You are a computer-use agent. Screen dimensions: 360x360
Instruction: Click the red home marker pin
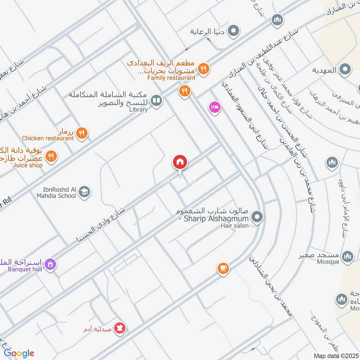(180, 162)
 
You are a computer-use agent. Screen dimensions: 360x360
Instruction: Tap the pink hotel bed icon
(214, 108)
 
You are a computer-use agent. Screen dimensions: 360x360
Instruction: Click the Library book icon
(156, 101)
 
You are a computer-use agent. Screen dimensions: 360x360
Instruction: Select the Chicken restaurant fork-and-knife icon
(81, 133)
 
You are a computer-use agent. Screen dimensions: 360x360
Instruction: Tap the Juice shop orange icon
(51, 157)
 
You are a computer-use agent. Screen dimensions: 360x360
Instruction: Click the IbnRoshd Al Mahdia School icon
(84, 193)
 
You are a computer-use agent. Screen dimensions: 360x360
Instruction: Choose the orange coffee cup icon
(223, 269)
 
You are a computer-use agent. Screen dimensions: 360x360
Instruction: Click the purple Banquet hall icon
(50, 263)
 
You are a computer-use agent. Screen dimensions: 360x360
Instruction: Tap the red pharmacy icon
(120, 328)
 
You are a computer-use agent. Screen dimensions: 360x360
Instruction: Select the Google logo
(19, 353)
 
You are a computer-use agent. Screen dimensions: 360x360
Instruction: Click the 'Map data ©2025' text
(335, 355)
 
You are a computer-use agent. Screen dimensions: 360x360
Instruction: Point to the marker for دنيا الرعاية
(233, 31)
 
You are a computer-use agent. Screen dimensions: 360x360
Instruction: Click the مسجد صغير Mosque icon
(347, 256)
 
